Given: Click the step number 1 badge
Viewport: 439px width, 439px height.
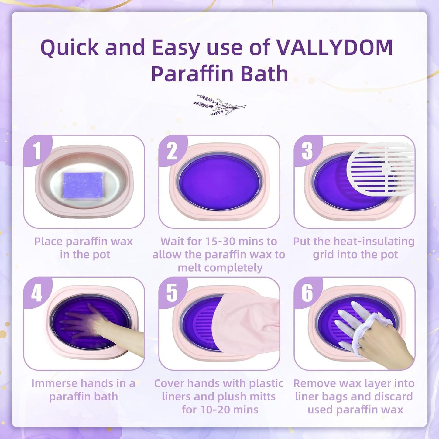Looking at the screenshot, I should tap(37, 151).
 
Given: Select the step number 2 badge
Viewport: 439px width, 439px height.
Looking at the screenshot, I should tap(172, 151).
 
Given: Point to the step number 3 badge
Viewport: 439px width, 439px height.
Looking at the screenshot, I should tap(307, 151).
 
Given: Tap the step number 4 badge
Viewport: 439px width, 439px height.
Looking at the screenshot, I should tap(37, 293).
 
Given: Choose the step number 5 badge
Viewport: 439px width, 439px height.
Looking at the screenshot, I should tap(172, 293).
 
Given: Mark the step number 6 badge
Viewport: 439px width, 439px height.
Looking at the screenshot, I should tap(307, 293).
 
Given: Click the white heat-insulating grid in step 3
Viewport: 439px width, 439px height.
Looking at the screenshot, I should tap(381, 169).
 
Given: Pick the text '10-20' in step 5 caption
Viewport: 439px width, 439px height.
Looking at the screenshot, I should tap(197, 410).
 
